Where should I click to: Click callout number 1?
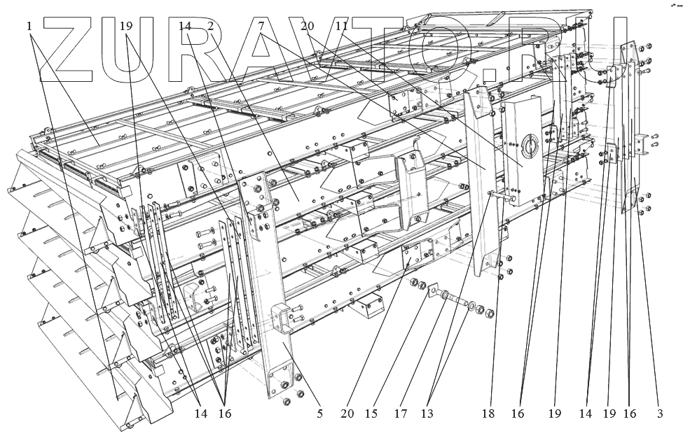pos(29,26)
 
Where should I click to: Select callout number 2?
pos(209,26)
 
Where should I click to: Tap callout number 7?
pos(261,26)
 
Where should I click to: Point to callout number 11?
pos(341,26)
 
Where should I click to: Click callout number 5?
pos(319,414)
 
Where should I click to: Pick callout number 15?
pos(372,414)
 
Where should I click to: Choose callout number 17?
pos(400,414)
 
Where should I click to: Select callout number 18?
pos(488,414)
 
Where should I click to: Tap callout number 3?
pos(659,414)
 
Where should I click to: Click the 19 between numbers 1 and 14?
pos(126,26)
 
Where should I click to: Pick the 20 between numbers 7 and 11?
pos(307,26)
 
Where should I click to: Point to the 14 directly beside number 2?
pos(185,26)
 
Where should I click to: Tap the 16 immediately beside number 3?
pos(630,414)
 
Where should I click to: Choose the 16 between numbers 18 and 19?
pos(517,414)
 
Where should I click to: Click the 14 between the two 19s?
pos(586,414)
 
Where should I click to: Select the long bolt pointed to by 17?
pos(456,299)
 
